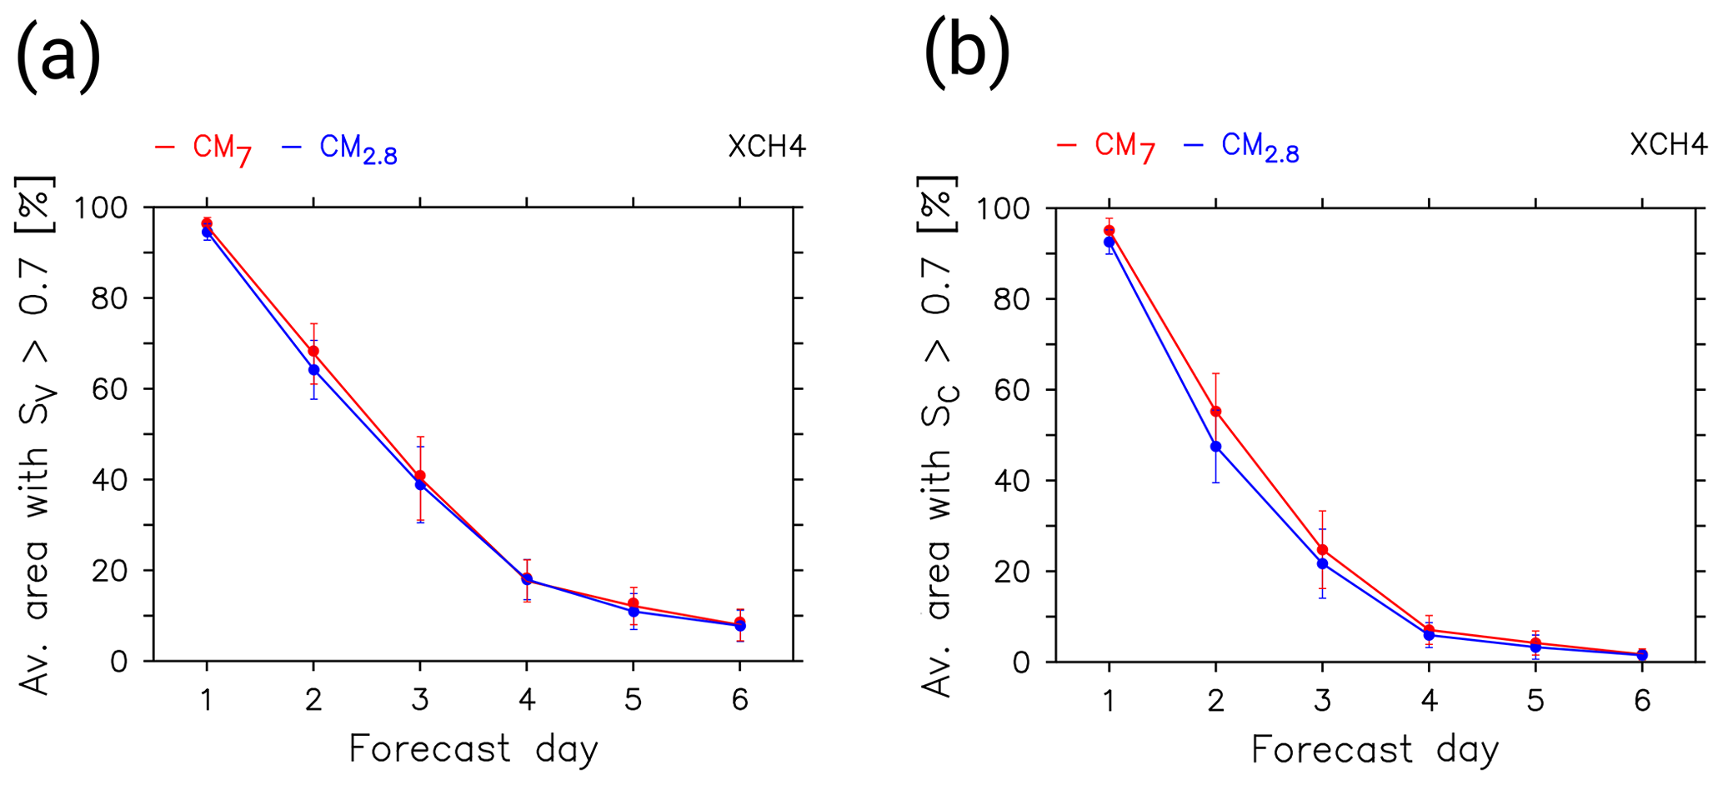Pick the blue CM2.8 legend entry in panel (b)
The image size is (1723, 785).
[x=1241, y=147]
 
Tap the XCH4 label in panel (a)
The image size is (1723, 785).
[x=766, y=147]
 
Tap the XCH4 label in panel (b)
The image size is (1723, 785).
[x=1668, y=145]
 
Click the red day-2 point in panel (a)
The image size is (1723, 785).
[x=313, y=351]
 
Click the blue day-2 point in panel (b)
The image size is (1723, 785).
[x=1215, y=447]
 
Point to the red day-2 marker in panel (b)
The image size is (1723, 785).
[x=1215, y=411]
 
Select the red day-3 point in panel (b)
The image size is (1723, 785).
[x=1322, y=549]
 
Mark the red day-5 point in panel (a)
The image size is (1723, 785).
[x=634, y=603]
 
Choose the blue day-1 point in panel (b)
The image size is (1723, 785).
[x=1109, y=242]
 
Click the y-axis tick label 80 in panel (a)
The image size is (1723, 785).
[x=109, y=298]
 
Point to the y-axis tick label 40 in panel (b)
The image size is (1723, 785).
[x=1012, y=481]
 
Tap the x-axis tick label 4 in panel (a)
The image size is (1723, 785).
[x=527, y=699]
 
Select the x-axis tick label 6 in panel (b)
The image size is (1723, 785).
[x=1642, y=700]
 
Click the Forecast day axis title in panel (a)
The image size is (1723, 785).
[x=473, y=748]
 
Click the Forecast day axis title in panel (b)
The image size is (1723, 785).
[x=1375, y=749]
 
